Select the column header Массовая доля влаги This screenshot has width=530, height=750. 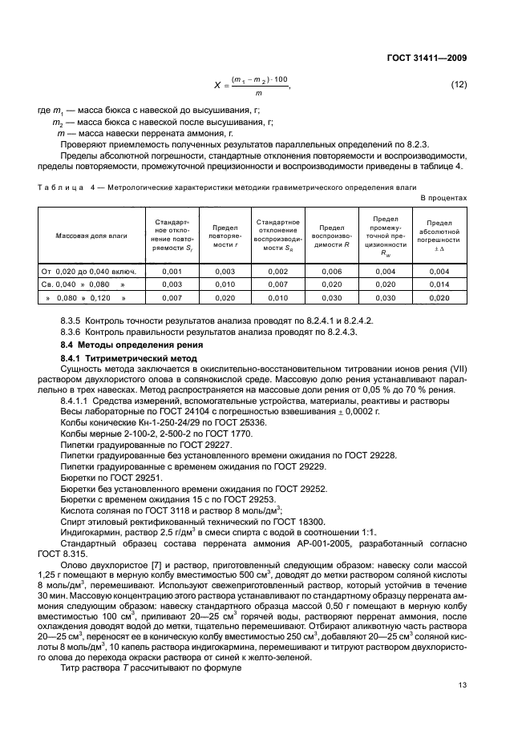click(x=88, y=237)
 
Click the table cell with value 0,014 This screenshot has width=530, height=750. click(x=439, y=284)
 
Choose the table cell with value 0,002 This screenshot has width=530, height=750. click(x=277, y=272)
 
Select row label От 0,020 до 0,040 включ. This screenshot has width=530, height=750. click(x=89, y=272)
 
